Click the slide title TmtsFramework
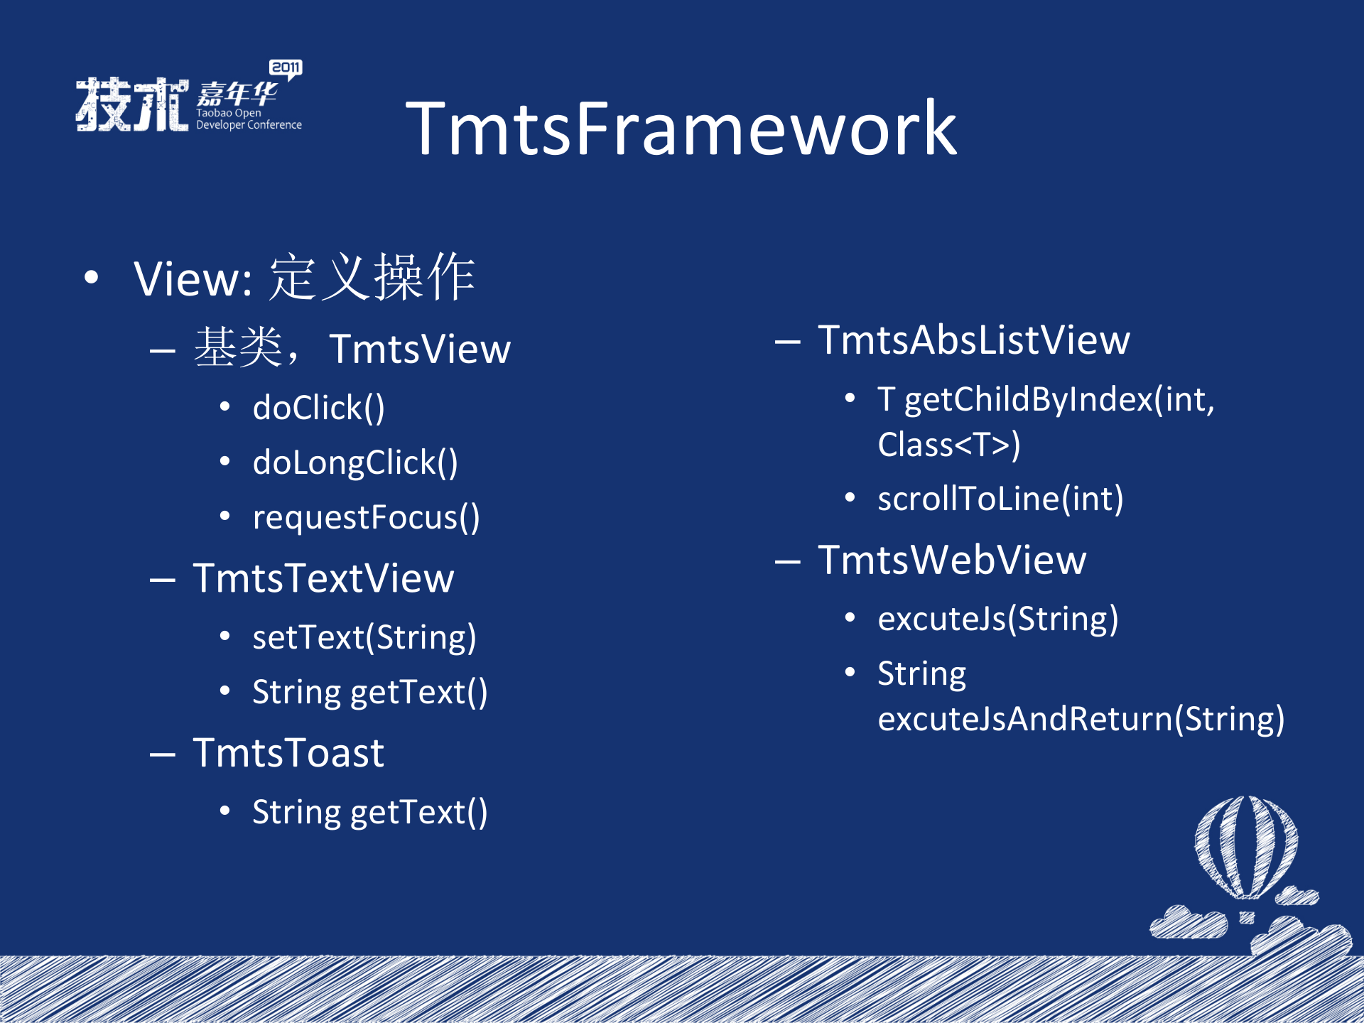pyautogui.click(x=681, y=129)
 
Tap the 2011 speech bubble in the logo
pyautogui.click(x=286, y=68)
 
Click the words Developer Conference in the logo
pyautogui.click(x=249, y=125)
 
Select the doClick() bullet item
pyautogui.click(x=318, y=408)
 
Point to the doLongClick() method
pyautogui.click(x=355, y=462)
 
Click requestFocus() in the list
pyautogui.click(x=366, y=517)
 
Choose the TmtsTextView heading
pyautogui.click(x=323, y=578)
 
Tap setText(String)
pyautogui.click(x=364, y=637)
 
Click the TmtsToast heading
pyautogui.click(x=288, y=753)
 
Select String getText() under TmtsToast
pyautogui.click(x=369, y=812)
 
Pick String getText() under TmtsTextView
pyautogui.click(x=369, y=692)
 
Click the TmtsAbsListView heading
pyautogui.click(x=973, y=340)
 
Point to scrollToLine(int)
pyautogui.click(x=1000, y=499)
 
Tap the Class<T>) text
pyautogui.click(x=948, y=445)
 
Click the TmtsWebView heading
pyautogui.click(x=952, y=560)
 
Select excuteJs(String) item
pyautogui.click(x=997, y=619)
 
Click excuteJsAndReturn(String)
pyautogui.click(x=1081, y=719)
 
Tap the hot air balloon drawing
pyautogui.click(x=1246, y=849)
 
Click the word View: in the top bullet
pyautogui.click(x=193, y=278)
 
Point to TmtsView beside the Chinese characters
pyautogui.click(x=420, y=349)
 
